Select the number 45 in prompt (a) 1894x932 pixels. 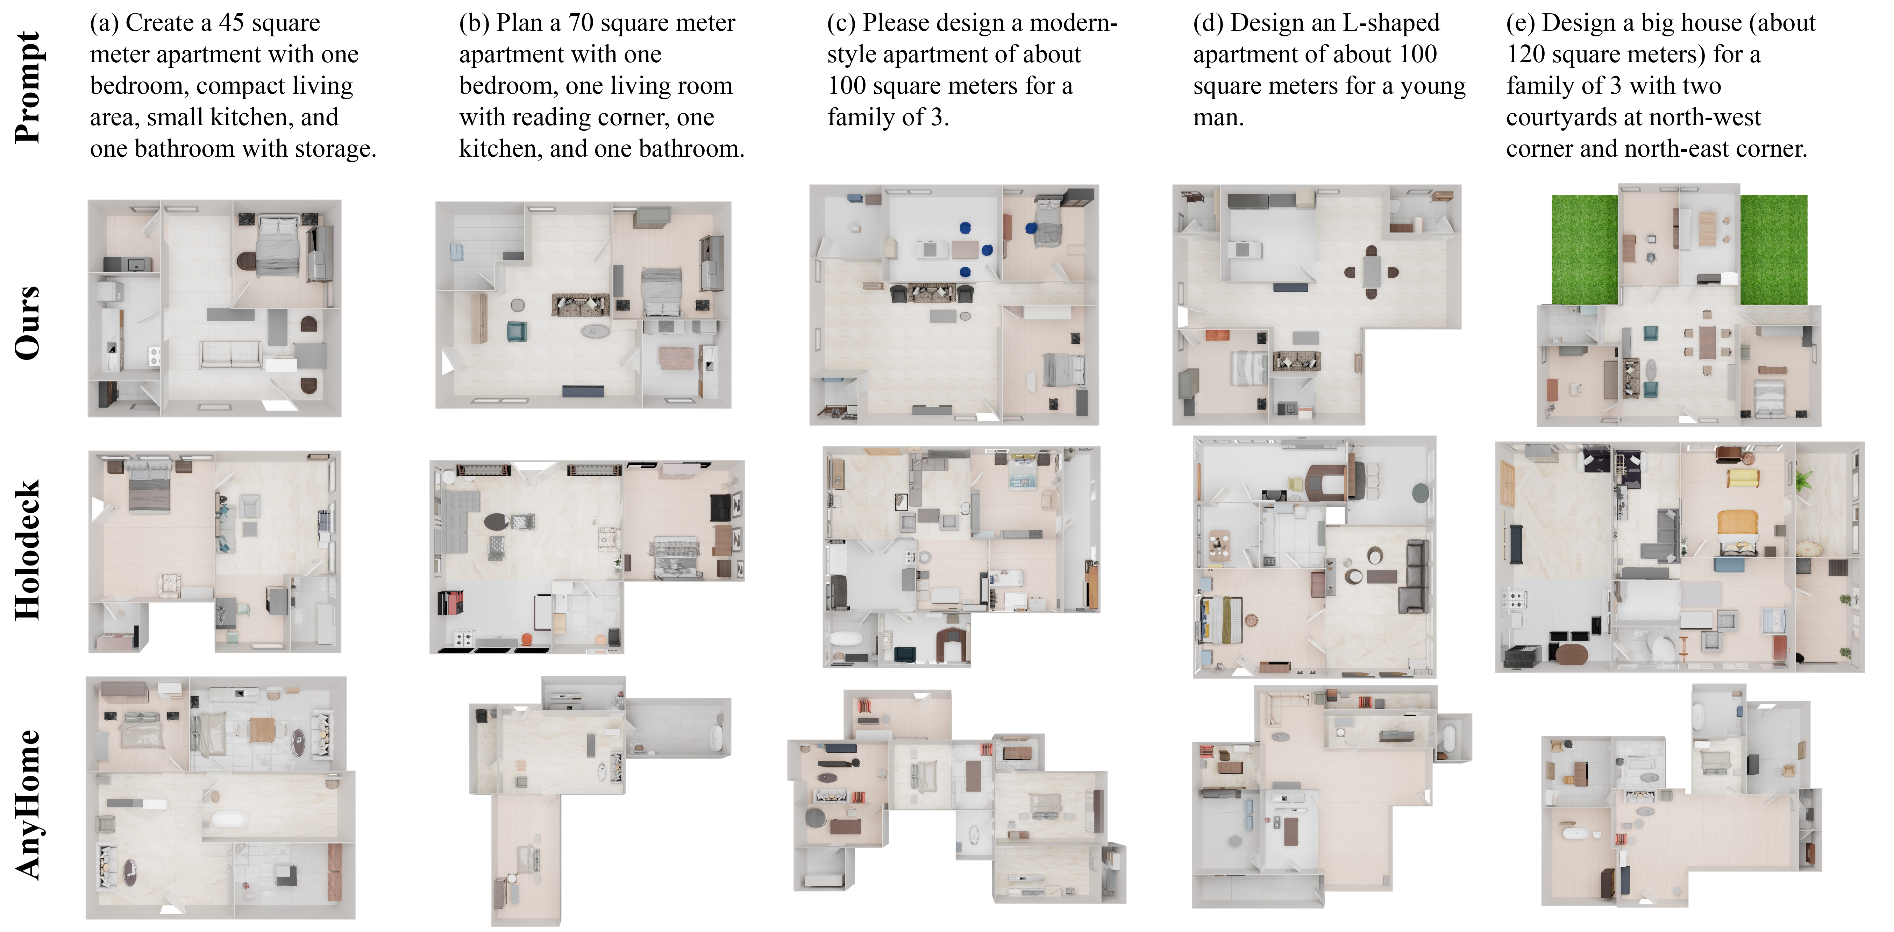point(232,23)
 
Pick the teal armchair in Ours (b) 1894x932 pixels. point(516,332)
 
